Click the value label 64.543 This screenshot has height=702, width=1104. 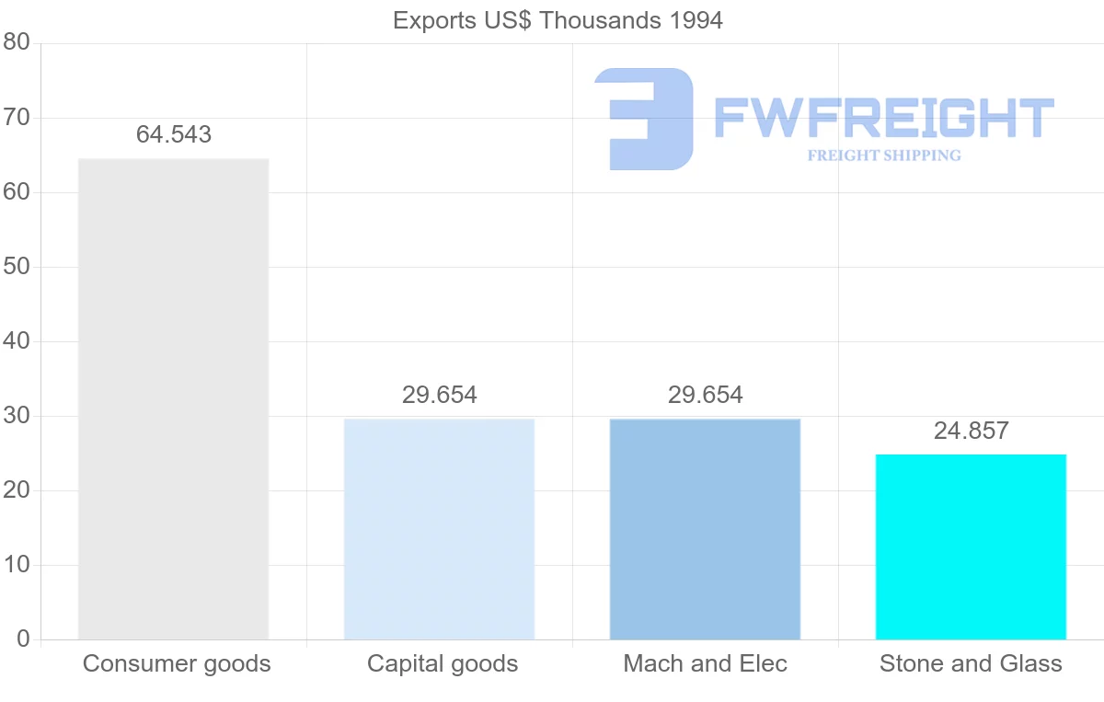(174, 134)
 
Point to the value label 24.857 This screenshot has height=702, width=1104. (972, 431)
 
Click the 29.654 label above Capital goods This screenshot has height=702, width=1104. (440, 396)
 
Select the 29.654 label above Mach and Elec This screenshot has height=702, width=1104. (706, 396)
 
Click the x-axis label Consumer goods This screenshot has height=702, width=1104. (177, 663)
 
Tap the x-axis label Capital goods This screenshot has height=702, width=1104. (443, 663)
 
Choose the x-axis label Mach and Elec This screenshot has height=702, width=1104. (706, 663)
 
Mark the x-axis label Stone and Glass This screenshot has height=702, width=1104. (971, 663)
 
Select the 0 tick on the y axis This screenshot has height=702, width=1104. (23, 639)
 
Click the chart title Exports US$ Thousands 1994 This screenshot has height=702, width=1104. (558, 20)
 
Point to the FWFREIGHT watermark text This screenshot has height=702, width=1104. (883, 118)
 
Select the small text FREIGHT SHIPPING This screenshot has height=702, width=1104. (884, 155)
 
